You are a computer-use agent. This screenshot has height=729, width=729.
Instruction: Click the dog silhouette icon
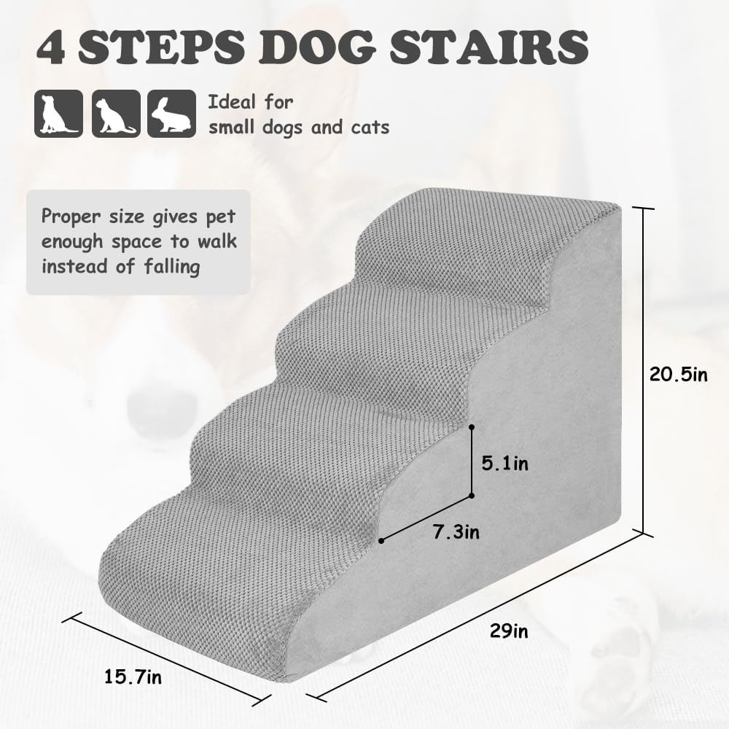[58, 114]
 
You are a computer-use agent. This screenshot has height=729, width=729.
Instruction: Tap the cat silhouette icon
[116, 114]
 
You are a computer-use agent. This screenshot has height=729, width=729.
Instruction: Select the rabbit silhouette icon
[171, 114]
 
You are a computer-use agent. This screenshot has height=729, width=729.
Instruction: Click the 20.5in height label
[678, 374]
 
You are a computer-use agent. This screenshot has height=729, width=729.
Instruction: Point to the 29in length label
[509, 631]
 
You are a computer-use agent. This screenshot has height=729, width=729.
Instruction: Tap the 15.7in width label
[133, 677]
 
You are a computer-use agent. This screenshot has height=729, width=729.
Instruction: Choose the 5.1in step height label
[505, 464]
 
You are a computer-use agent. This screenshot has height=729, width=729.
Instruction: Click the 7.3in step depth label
[456, 532]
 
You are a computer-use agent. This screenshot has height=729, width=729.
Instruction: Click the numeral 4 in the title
[51, 47]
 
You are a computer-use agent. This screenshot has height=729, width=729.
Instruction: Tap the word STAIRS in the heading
[489, 47]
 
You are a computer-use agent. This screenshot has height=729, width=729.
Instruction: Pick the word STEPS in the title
[161, 47]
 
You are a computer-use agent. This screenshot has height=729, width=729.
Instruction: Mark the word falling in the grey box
[171, 267]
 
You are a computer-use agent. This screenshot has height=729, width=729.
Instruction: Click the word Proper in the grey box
[71, 217]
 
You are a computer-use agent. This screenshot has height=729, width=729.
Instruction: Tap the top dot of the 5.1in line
[472, 426]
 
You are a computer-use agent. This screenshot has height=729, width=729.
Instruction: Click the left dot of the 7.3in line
[381, 541]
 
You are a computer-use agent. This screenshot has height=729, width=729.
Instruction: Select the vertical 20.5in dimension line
[644, 371]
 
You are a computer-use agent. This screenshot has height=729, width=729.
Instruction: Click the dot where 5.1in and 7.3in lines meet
[472, 496]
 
